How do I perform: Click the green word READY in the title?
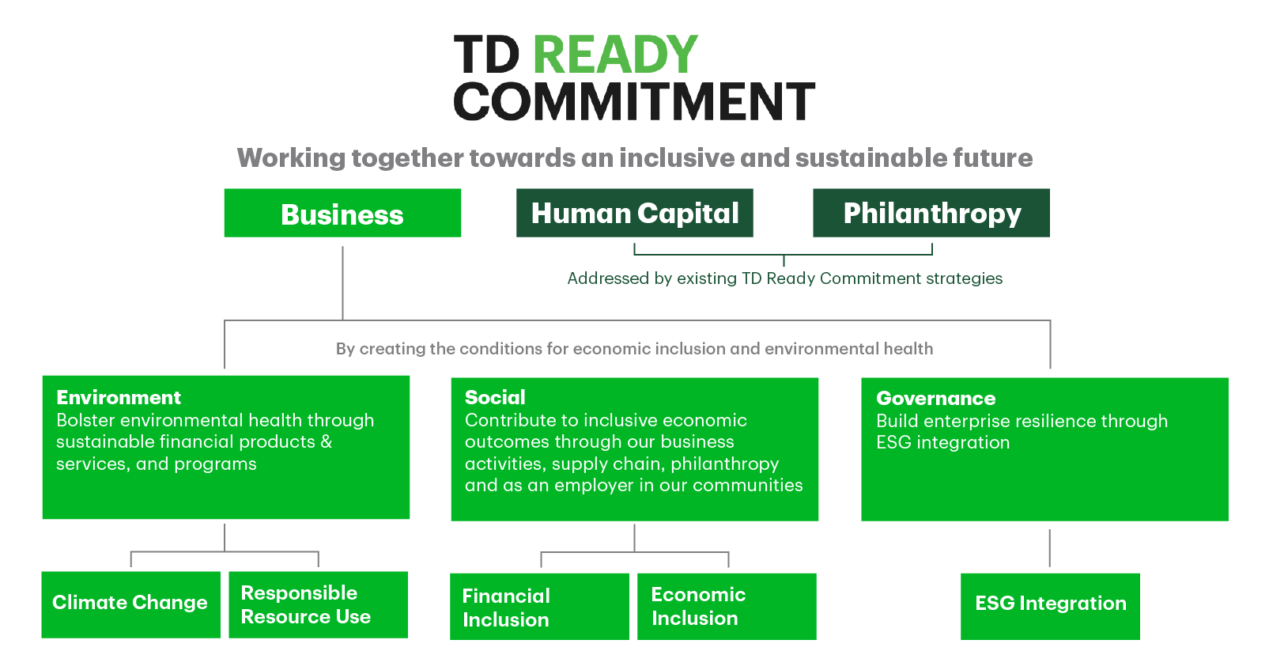click(615, 55)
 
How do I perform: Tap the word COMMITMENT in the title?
click(634, 100)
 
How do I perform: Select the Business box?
click(342, 213)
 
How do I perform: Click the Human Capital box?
click(634, 213)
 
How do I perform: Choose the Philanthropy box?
click(931, 213)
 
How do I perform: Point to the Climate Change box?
click(131, 604)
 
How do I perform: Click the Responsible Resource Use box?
click(319, 604)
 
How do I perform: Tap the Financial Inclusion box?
click(539, 607)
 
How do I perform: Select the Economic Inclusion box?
click(727, 607)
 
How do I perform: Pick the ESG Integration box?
click(1050, 607)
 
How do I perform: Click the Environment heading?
click(119, 398)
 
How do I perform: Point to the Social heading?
click(495, 398)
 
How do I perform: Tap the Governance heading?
click(936, 399)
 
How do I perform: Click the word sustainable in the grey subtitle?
click(871, 157)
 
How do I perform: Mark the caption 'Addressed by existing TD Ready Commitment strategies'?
click(785, 278)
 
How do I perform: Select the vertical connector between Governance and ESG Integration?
click(1050, 548)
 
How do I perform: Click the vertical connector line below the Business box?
click(342, 282)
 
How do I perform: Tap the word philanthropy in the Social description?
click(724, 464)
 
